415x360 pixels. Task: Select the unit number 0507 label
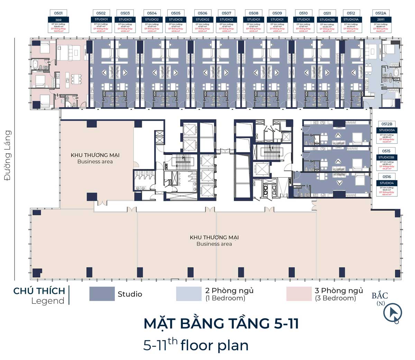click(227, 13)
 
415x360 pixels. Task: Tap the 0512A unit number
click(380, 13)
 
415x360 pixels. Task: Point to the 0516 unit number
click(386, 177)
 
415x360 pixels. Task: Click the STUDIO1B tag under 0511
click(327, 20)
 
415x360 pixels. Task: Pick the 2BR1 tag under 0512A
click(380, 20)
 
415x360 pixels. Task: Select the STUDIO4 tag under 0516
click(386, 183)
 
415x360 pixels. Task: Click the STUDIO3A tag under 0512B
click(386, 130)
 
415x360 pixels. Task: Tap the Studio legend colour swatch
click(102, 294)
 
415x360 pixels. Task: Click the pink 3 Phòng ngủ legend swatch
click(299, 294)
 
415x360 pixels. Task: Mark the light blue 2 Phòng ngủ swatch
click(188, 294)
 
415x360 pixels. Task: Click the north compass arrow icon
click(393, 313)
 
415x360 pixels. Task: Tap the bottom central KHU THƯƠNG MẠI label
click(214, 237)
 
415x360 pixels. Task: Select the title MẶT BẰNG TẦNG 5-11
click(221, 324)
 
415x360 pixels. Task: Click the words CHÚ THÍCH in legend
click(39, 291)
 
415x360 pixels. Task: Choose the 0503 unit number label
click(125, 13)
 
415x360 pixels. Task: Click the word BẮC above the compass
click(380, 296)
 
